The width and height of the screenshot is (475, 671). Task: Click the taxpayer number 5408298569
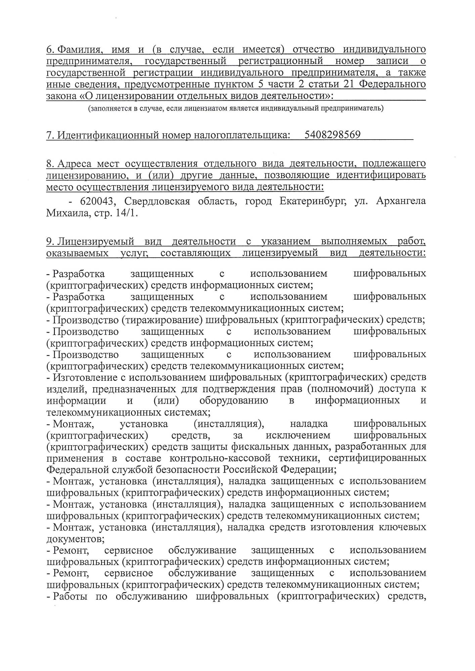click(332, 135)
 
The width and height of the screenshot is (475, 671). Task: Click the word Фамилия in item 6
click(79, 50)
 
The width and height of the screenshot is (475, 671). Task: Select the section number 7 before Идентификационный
click(50, 135)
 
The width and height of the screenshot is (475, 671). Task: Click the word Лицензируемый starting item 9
click(96, 242)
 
